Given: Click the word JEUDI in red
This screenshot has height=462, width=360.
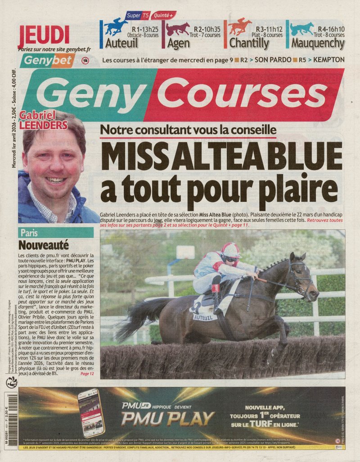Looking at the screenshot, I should pyautogui.click(x=44, y=35).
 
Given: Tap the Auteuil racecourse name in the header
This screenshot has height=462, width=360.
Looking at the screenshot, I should pyautogui.click(x=121, y=44).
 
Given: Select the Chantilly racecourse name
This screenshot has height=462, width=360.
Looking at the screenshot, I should pyautogui.click(x=249, y=44).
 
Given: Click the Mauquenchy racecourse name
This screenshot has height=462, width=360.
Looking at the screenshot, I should pyautogui.click(x=317, y=44).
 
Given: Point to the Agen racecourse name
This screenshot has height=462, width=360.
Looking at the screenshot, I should pyautogui.click(x=179, y=44).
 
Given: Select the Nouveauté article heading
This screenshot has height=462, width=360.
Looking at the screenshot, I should pyautogui.click(x=44, y=245).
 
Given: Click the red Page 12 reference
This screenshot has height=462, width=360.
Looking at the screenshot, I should pyautogui.click(x=87, y=374).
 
